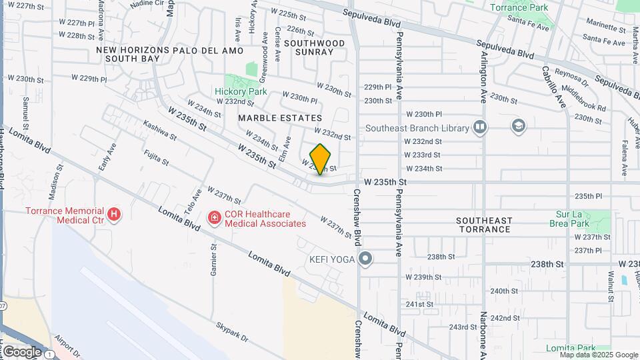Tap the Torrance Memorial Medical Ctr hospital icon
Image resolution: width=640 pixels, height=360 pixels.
point(115,215)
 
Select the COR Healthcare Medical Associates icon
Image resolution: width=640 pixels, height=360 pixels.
point(214,217)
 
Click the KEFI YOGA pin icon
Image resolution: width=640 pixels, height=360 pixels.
point(365,258)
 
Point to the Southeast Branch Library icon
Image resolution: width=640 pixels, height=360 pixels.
point(479,127)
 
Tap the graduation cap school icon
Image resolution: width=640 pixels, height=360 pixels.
point(518,126)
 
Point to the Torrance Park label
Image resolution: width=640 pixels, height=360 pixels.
point(519,7)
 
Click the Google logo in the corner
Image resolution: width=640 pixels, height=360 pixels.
point(21,351)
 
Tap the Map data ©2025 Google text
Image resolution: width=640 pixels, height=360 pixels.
point(599,355)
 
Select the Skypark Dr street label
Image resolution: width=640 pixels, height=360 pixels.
point(231,333)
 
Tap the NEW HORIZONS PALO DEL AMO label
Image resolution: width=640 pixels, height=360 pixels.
point(128,50)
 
